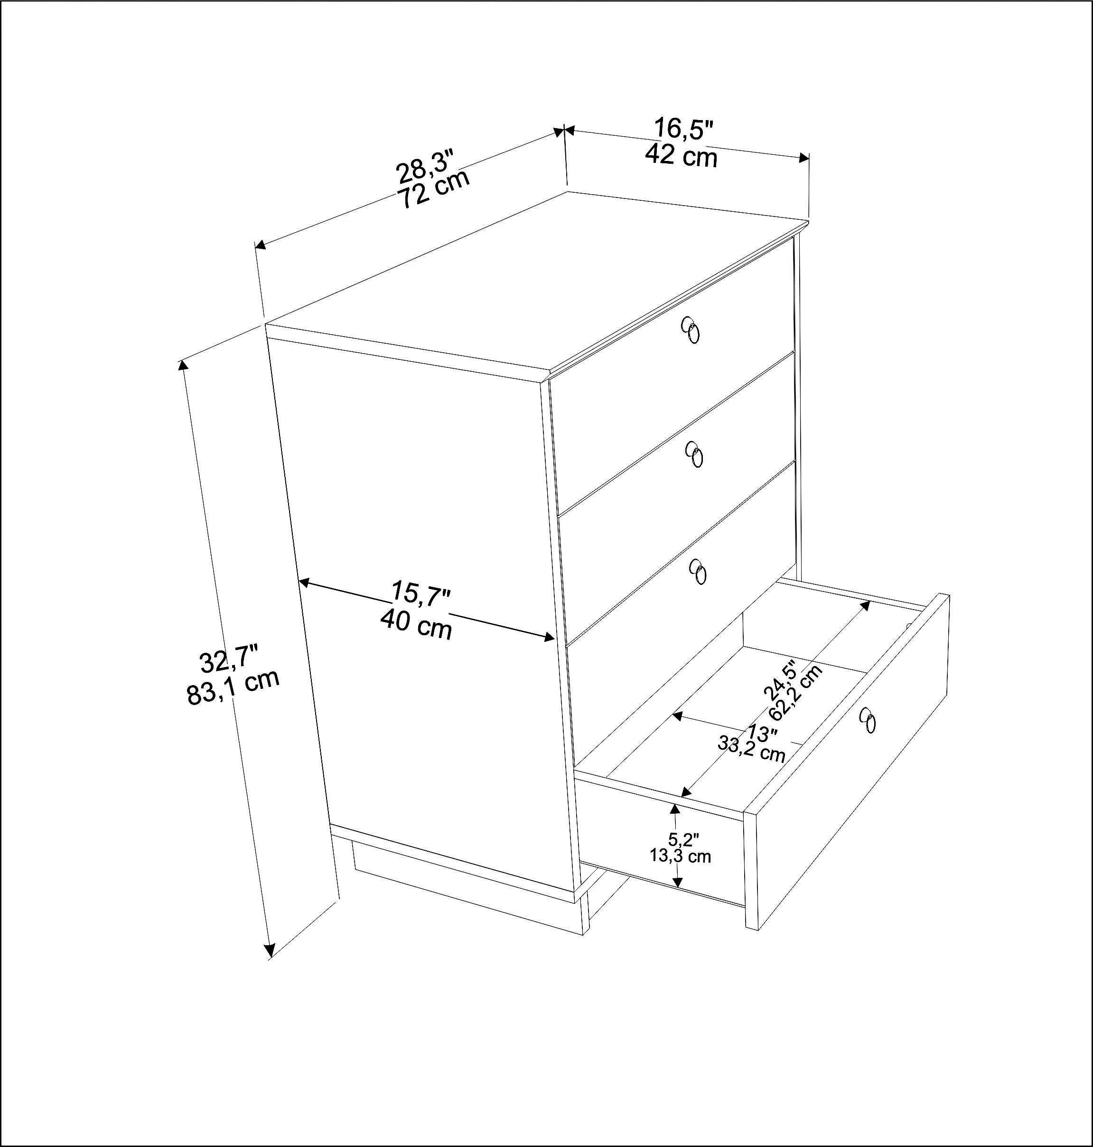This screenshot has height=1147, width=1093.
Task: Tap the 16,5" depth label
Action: pyautogui.click(x=683, y=129)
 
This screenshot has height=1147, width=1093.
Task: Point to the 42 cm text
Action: pyautogui.click(x=681, y=156)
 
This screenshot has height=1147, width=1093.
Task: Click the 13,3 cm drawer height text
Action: pyautogui.click(x=681, y=856)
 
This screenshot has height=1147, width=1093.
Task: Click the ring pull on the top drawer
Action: pyautogui.click(x=691, y=332)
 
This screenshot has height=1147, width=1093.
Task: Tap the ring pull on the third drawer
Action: pyautogui.click(x=698, y=571)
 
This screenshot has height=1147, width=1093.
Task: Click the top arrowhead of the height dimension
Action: pyautogui.click(x=182, y=366)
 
